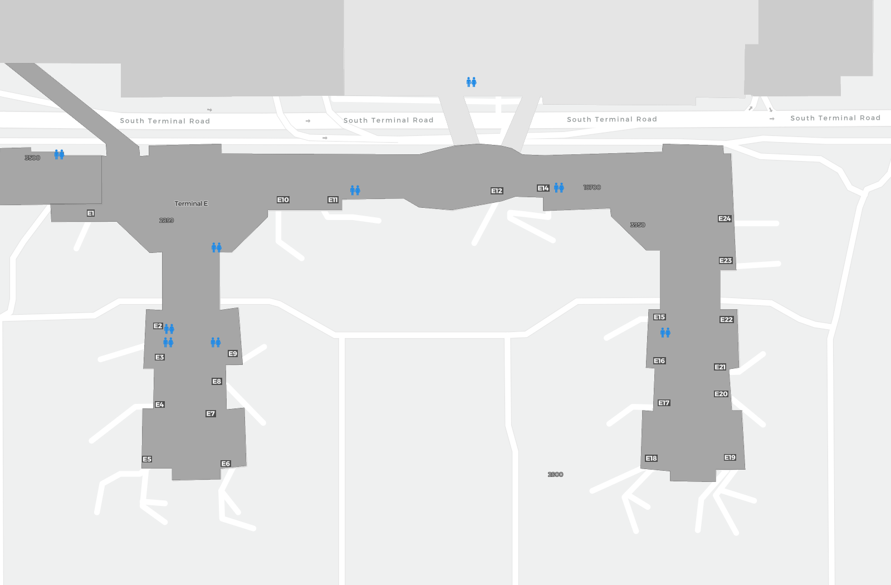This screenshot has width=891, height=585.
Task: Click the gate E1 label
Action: [x=91, y=213]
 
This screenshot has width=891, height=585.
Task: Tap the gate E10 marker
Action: [x=283, y=199]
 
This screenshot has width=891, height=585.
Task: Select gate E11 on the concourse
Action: [x=333, y=199]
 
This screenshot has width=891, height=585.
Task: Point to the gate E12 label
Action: [x=497, y=191]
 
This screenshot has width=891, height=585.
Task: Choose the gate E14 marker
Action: [x=543, y=188]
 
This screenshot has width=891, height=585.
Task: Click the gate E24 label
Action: [x=724, y=218]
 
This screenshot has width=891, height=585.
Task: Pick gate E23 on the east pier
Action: [x=726, y=260]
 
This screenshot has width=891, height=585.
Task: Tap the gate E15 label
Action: [x=659, y=317]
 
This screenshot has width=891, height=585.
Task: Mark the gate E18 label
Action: [x=651, y=458]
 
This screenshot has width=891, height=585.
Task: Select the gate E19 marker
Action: [x=730, y=457]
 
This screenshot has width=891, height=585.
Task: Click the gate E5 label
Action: [x=147, y=459]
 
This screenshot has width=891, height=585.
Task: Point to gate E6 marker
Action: [x=226, y=464]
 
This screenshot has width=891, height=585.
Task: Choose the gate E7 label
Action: [x=210, y=413]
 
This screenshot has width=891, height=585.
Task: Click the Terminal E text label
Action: [x=191, y=204]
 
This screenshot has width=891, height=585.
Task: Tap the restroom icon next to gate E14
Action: [x=559, y=188]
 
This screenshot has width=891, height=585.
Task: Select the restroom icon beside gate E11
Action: [x=355, y=190]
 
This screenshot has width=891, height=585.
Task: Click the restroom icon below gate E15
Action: [x=665, y=333]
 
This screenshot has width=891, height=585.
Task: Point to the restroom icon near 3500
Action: [x=59, y=154]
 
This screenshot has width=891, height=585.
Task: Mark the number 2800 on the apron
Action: [x=555, y=475]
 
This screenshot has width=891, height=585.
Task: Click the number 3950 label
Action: [x=638, y=225]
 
